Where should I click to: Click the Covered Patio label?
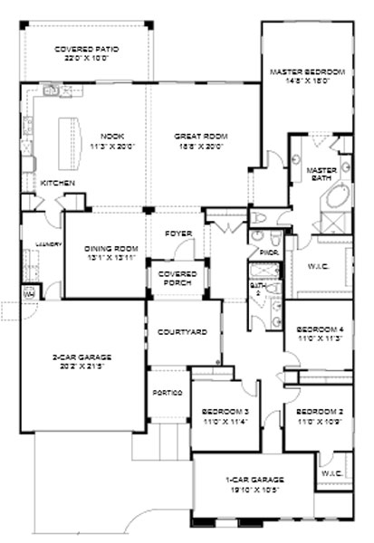pyautogui.click(x=87, y=52)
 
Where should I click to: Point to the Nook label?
pyautogui.click(x=111, y=141)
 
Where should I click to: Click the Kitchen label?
pyautogui.click(x=58, y=184)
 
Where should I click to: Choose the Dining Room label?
pyautogui.click(x=110, y=252)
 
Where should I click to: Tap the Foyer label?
pyautogui.click(x=178, y=234)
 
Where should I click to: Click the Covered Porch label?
pyautogui.click(x=178, y=277)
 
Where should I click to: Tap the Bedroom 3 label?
pyautogui.click(x=225, y=414)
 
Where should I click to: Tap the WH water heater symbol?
pyautogui.click(x=28, y=292)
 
